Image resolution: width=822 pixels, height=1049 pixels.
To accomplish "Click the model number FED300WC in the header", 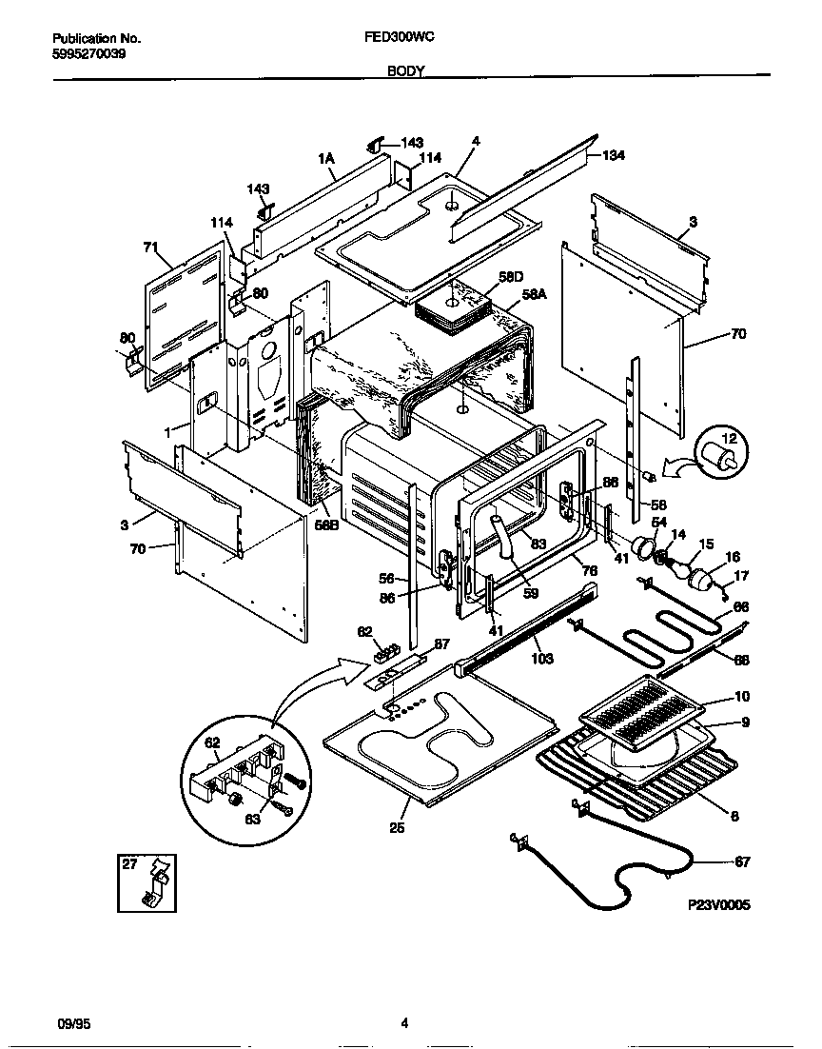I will point(400,38).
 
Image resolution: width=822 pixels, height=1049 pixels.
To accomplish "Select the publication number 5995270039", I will point(88,53).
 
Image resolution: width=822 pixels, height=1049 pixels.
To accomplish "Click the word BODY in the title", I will point(405,71).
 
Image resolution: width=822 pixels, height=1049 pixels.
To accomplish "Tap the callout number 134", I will point(614,155).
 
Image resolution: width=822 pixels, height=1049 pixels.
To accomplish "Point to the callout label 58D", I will point(511,276).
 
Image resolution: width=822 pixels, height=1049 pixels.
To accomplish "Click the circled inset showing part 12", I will point(721,453).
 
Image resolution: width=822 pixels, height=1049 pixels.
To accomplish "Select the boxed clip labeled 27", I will point(147,881).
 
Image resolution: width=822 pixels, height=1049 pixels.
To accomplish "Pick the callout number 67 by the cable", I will point(742,862).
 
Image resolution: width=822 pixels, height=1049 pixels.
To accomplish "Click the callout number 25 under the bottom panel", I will point(398,828).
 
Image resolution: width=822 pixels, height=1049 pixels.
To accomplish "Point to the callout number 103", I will point(541,659).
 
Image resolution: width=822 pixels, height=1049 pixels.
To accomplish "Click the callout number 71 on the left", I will point(150,247).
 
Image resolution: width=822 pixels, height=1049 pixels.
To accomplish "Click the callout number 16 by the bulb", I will point(732,557).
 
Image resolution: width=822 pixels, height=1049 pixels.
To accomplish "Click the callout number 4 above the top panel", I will point(476,141).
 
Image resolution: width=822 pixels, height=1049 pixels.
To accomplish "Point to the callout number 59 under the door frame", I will point(531,593).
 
